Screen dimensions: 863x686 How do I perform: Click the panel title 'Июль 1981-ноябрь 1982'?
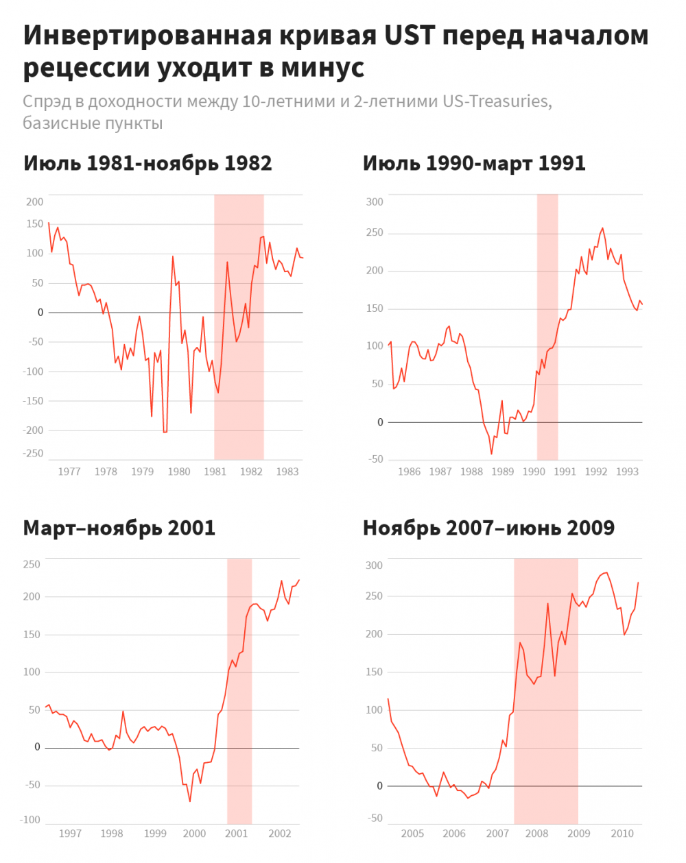coord(147,164)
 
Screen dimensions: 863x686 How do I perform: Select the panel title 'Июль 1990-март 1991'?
coord(474,164)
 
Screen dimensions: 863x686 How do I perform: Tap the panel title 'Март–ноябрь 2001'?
coord(119,528)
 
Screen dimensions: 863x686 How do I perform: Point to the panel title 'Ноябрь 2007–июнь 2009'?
coord(488,528)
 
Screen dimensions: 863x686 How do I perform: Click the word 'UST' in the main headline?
coord(410,36)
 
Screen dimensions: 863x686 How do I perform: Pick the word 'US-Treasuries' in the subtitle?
coord(497,101)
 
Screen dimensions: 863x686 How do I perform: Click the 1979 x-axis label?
coord(142,472)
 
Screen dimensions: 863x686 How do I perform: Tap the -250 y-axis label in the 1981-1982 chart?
coord(34,454)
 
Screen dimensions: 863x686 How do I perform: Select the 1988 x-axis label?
coord(471,472)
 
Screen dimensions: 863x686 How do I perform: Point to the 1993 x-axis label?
coord(627,472)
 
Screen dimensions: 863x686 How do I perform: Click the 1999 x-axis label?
coord(155,834)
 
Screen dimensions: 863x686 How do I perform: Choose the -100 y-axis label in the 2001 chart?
coord(31,821)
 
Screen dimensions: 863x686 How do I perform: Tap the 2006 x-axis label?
coord(454,834)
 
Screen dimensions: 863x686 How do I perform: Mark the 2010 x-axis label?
coord(622,834)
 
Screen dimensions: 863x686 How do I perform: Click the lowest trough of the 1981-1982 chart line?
coord(165,433)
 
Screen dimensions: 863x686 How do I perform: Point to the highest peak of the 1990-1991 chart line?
coord(602,228)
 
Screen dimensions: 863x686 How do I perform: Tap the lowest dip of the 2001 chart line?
coord(190,801)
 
